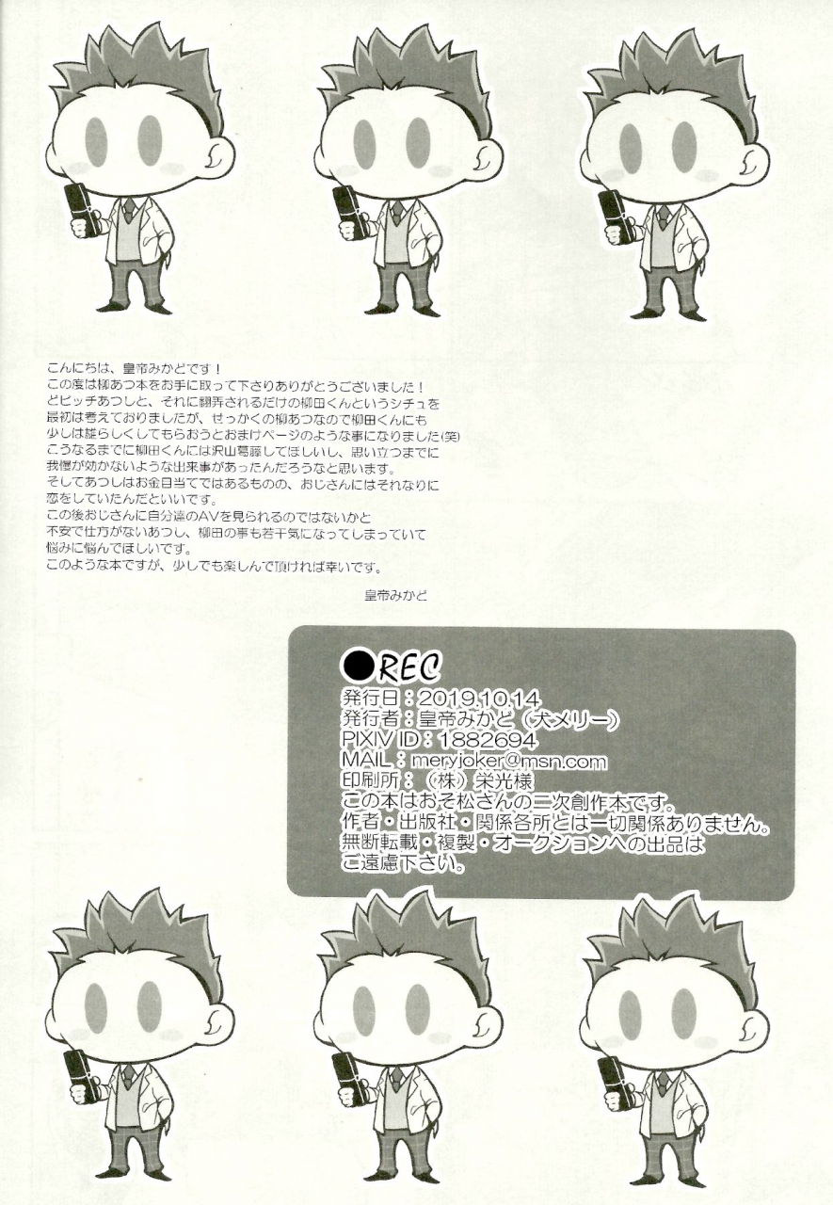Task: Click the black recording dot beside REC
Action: coord(358,666)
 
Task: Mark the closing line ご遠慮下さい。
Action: coord(404,863)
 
